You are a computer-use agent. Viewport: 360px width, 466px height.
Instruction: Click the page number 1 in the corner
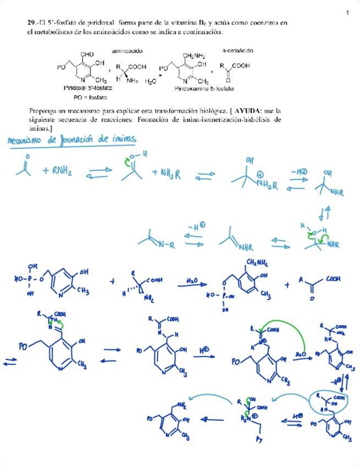[x=347, y=13]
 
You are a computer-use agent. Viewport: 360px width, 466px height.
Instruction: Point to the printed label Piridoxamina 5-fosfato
[x=204, y=88]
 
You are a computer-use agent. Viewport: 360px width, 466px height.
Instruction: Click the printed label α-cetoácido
[x=237, y=51]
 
